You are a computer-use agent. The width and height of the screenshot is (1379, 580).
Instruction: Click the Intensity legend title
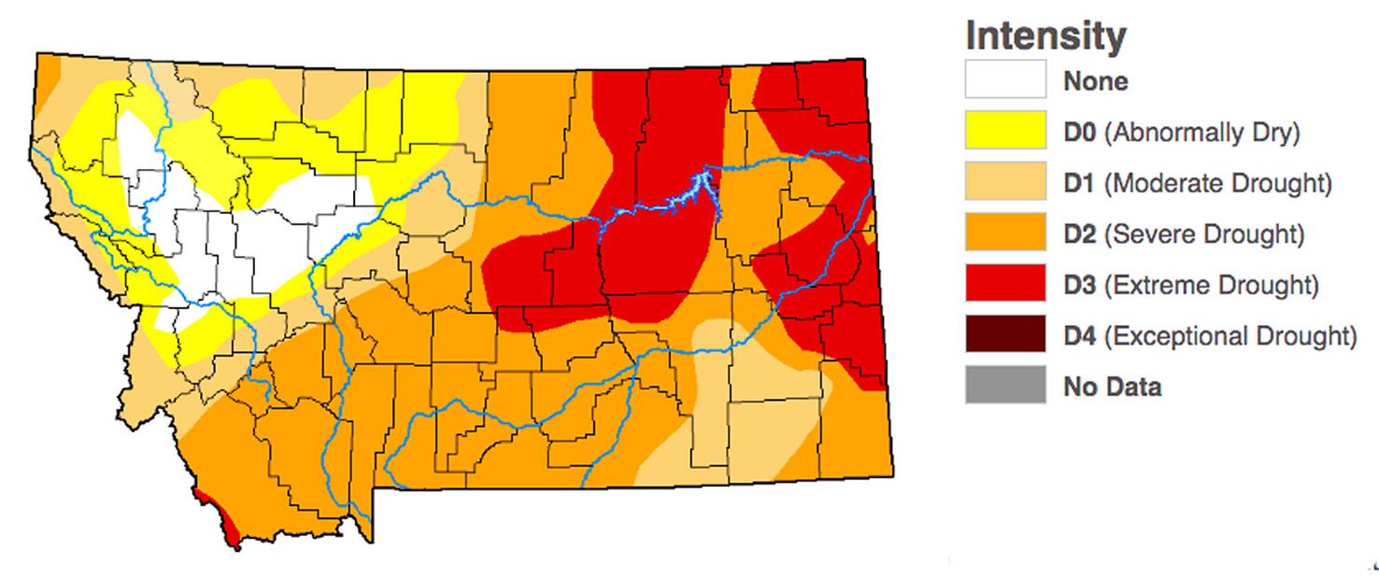tap(1045, 36)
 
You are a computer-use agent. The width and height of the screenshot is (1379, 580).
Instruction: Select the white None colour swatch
tap(1005, 80)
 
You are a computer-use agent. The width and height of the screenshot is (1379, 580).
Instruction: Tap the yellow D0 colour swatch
tap(1005, 131)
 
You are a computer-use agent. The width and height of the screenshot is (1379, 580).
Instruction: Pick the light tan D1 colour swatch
tap(1005, 182)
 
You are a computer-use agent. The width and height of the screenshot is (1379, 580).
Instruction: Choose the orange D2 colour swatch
tap(1005, 233)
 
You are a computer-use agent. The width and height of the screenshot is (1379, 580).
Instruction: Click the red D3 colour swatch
tap(1005, 284)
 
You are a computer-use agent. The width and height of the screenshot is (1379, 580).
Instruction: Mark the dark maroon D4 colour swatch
tap(1005, 334)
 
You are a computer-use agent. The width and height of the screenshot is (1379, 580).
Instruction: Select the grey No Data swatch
tap(1005, 385)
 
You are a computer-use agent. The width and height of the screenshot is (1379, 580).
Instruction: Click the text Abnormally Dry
tap(1201, 133)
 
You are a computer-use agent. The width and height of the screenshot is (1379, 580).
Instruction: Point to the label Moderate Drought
tap(1217, 183)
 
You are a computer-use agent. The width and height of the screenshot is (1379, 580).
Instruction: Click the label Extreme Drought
tap(1211, 285)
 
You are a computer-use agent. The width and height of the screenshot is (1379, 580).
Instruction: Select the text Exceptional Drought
tap(1230, 335)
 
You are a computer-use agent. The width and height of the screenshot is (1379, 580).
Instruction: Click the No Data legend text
tap(1112, 386)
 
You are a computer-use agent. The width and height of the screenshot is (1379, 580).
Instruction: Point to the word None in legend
tap(1095, 81)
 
